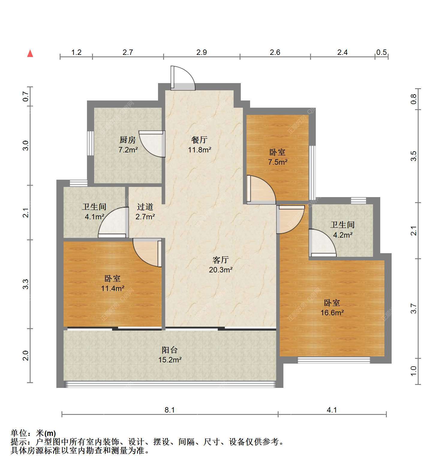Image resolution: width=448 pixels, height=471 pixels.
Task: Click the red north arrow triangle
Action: (x=30, y=53)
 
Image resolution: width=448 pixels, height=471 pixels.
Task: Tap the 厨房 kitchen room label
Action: (x=128, y=140)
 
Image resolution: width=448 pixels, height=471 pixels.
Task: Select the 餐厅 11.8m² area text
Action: (x=200, y=149)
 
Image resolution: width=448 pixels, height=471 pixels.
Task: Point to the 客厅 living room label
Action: (x=221, y=260)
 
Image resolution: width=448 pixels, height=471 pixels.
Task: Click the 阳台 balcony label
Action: (x=170, y=350)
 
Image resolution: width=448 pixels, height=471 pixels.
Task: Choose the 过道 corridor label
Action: (x=145, y=207)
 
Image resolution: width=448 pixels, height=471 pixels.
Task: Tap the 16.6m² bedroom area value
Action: (x=332, y=313)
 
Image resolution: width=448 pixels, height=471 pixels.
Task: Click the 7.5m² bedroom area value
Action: (x=278, y=162)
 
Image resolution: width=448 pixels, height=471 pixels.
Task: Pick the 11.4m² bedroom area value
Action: (x=113, y=289)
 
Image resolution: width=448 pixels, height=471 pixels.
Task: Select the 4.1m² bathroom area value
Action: (x=94, y=216)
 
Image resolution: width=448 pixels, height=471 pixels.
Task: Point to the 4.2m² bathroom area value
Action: (x=342, y=235)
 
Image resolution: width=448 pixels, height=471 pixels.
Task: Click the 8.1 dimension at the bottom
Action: (x=170, y=410)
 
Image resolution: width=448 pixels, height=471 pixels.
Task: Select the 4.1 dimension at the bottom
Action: (x=332, y=410)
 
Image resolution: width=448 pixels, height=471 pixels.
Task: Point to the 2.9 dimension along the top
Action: (x=202, y=52)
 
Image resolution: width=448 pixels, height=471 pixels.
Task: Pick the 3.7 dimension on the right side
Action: (x=414, y=308)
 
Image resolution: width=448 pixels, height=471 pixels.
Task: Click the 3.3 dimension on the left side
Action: (x=26, y=284)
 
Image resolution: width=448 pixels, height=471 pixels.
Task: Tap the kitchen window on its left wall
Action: (x=90, y=143)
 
